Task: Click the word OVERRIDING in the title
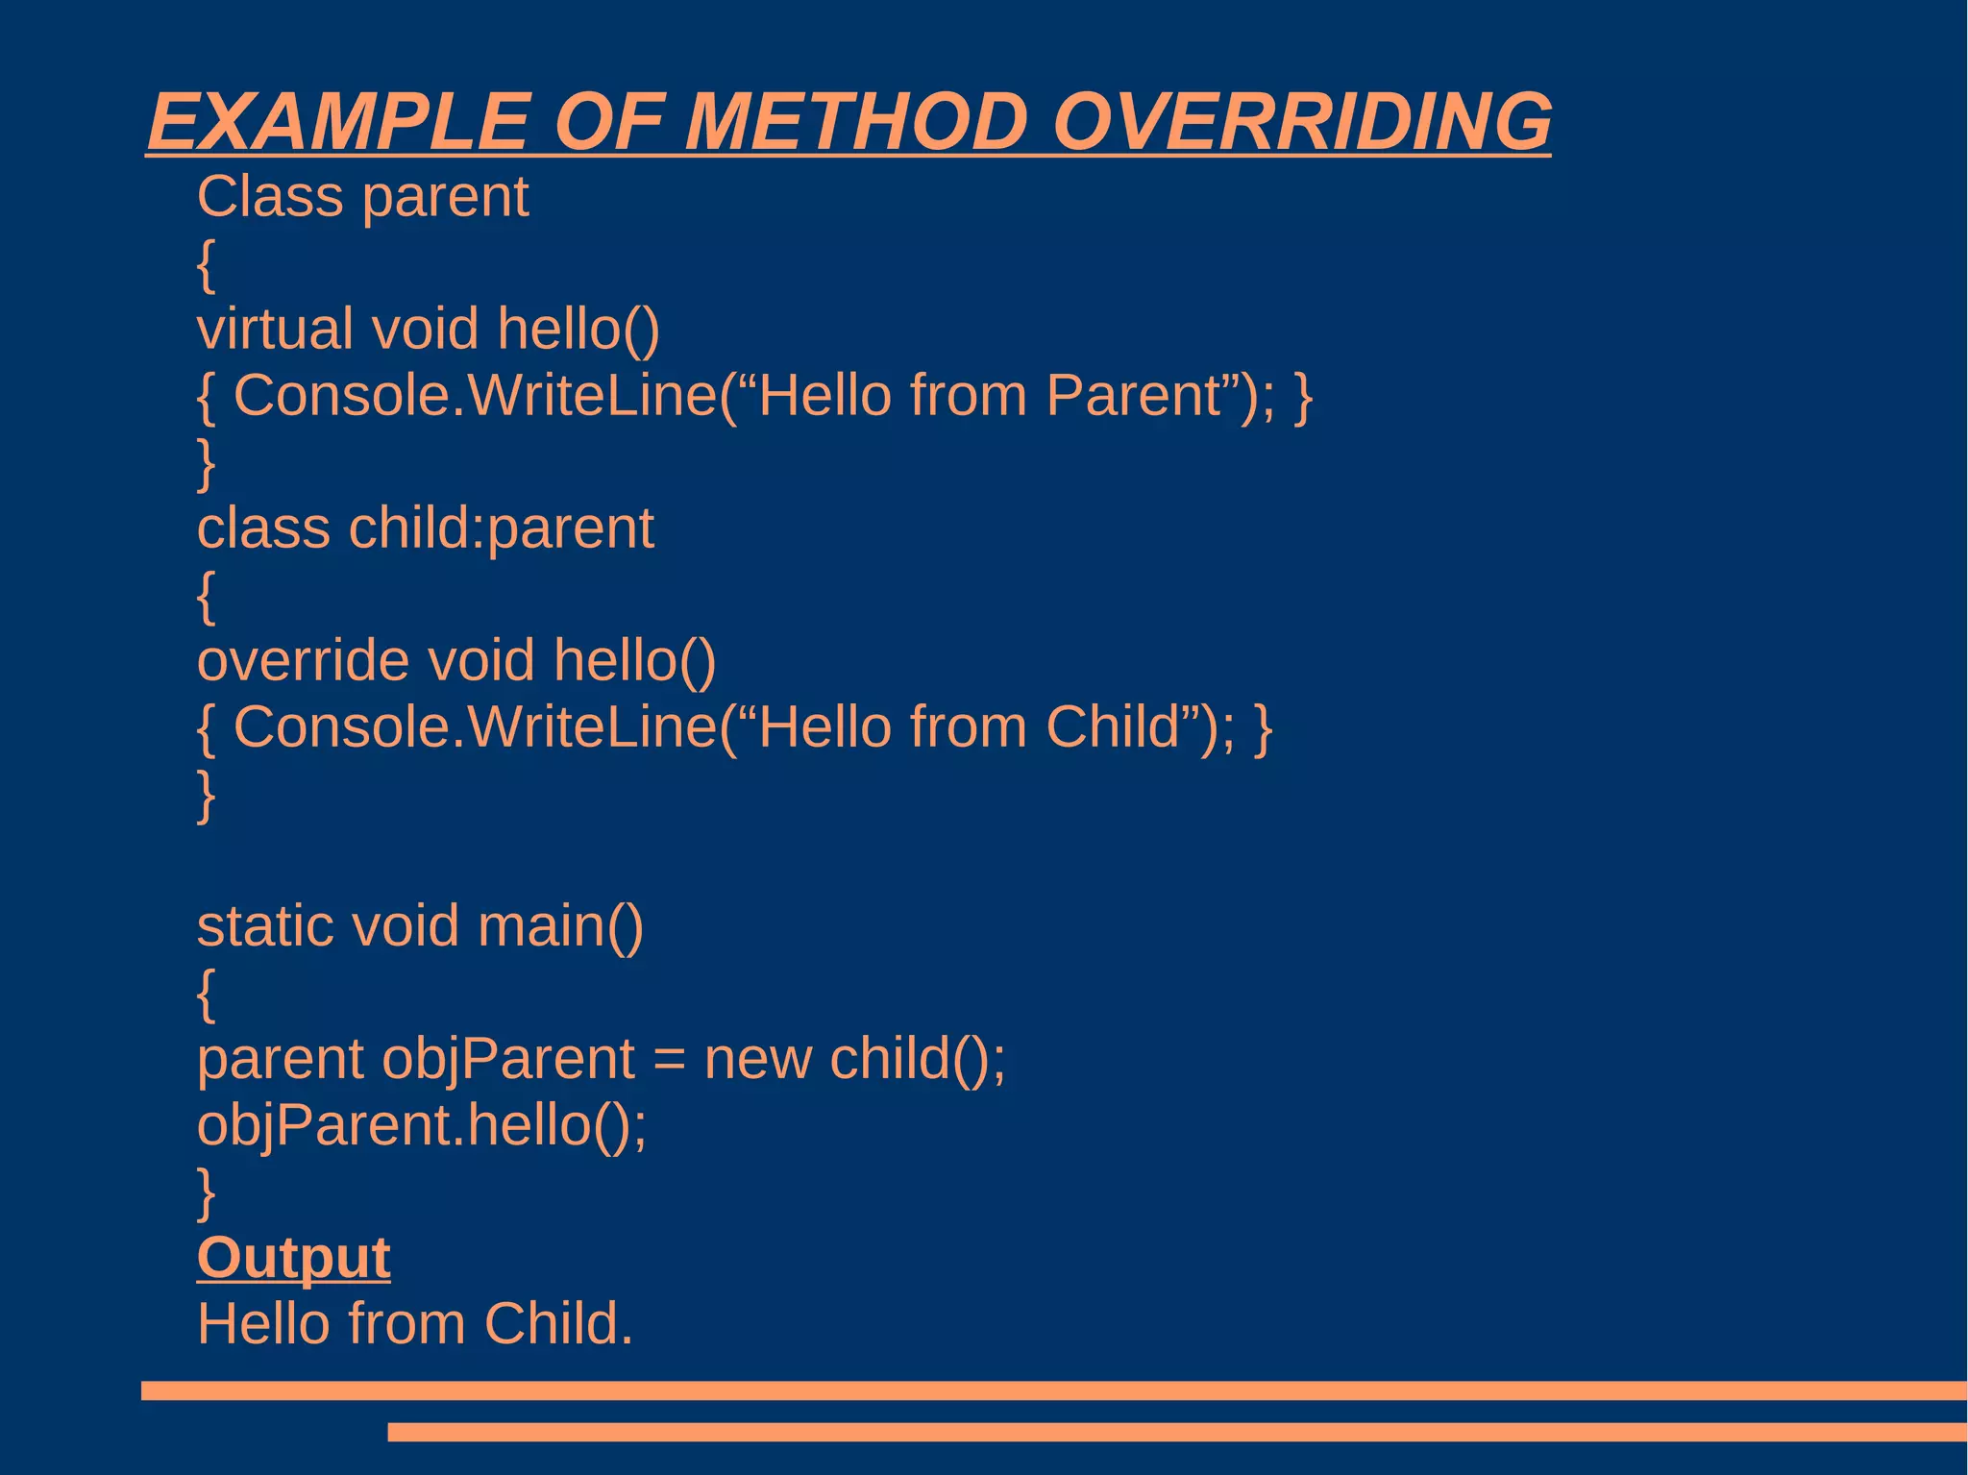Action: pos(1302,122)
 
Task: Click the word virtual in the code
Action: pos(275,329)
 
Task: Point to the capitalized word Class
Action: pos(270,197)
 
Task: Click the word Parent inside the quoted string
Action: pos(1133,395)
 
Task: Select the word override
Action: pos(303,661)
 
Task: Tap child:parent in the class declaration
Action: pos(501,529)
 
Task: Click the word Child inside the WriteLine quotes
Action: pos(1112,726)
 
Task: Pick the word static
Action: pos(265,926)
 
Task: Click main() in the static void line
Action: pos(560,926)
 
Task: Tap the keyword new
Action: pos(757,1059)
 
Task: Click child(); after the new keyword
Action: pos(918,1059)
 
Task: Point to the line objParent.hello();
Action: pos(422,1125)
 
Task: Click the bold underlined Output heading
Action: pos(294,1258)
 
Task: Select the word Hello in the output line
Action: pos(261,1323)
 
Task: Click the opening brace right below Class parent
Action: pos(206,264)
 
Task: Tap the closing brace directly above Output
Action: pos(206,1192)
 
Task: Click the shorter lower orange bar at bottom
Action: pos(1177,1432)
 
